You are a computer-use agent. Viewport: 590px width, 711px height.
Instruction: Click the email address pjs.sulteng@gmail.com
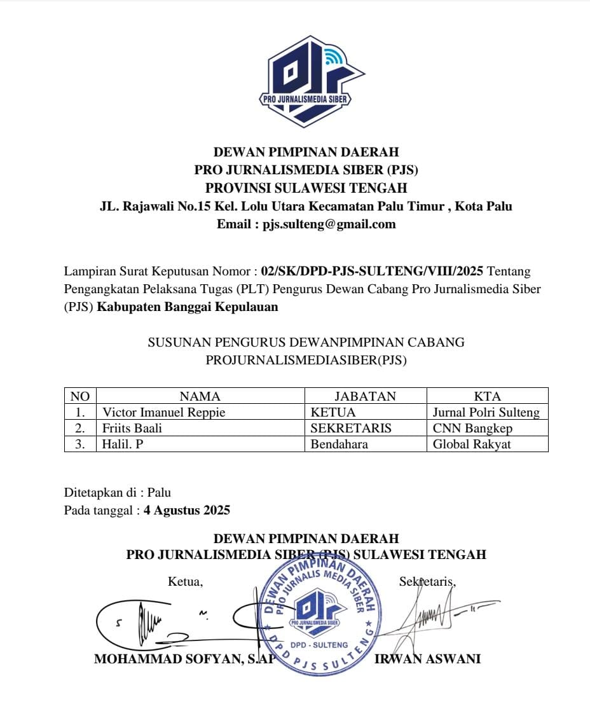(329, 224)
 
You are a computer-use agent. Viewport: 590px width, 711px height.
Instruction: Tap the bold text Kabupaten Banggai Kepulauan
(187, 307)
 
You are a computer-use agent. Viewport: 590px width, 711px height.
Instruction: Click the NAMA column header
(200, 396)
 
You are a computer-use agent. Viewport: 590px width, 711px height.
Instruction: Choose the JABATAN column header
(365, 396)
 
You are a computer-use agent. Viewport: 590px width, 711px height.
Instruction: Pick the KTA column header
(487, 396)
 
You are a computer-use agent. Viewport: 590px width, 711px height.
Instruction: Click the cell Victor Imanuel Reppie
(164, 412)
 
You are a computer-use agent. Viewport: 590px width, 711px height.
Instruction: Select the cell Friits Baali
(132, 428)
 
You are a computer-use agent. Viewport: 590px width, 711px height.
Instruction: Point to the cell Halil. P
(123, 444)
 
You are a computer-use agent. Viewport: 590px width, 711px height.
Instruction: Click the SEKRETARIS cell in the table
(350, 428)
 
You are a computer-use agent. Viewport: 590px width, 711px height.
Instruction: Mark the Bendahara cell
(339, 444)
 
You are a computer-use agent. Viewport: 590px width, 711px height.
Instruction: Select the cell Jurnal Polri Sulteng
(486, 412)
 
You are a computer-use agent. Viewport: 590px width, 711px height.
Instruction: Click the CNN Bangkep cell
(472, 428)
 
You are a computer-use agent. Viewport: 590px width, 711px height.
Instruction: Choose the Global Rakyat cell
(472, 444)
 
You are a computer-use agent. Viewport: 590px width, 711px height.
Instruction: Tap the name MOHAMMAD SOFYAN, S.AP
(184, 659)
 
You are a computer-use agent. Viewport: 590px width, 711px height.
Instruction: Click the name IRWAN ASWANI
(427, 659)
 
